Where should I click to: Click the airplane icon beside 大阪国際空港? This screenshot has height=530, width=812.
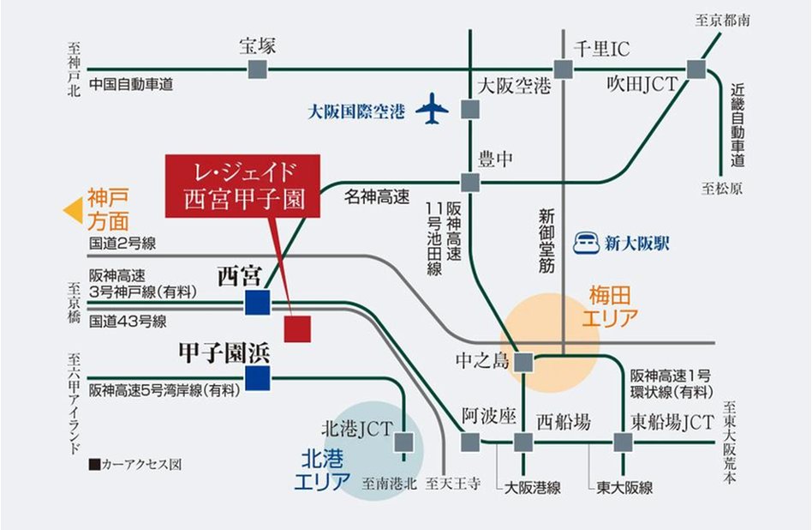point(433,110)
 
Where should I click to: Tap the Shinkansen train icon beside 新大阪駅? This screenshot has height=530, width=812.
point(588,243)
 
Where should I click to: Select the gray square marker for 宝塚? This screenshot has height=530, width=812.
point(258,70)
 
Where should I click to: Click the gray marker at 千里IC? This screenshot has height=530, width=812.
point(563,70)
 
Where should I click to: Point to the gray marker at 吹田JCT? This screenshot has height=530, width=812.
point(695,70)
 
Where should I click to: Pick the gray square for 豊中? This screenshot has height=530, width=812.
point(470,182)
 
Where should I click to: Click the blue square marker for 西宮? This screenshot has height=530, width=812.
point(257,303)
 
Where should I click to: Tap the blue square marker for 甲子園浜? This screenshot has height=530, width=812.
point(257,377)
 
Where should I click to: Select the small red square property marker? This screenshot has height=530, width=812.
point(297,328)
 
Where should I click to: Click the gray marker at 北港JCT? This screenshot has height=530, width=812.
point(405,442)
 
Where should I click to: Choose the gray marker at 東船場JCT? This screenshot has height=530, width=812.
point(623,442)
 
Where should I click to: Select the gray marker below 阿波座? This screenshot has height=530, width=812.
point(470,442)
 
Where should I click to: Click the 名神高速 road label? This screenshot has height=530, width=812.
point(377,198)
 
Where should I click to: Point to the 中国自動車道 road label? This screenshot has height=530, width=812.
point(131,84)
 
